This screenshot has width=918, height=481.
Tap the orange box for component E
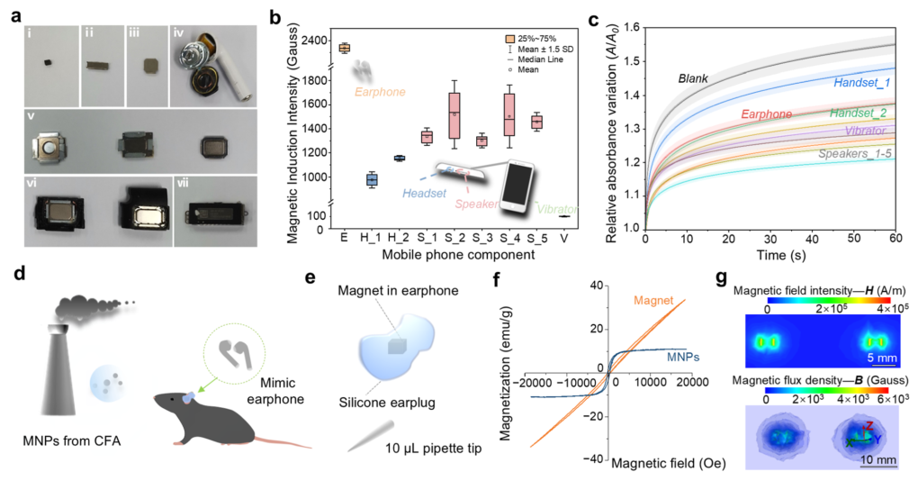point(344,48)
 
